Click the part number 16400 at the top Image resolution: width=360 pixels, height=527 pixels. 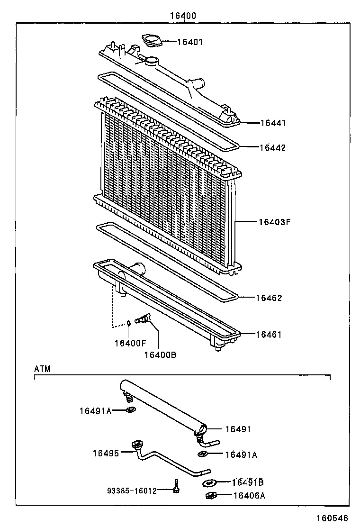pos(183,16)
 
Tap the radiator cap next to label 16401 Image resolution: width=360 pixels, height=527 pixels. pos(152,41)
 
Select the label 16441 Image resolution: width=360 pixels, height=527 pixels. pos(273,123)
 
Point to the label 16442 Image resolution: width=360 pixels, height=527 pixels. pos(272,147)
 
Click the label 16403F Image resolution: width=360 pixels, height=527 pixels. pos(274,221)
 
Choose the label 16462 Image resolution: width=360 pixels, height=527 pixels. pos(269,298)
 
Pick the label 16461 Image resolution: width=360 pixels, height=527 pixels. pos(269,335)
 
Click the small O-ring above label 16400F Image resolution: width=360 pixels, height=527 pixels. pos(128,323)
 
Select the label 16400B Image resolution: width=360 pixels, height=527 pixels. pos(160,354)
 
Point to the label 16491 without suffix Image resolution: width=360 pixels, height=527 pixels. pos(237,429)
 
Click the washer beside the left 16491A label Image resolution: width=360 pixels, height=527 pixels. pos(130,409)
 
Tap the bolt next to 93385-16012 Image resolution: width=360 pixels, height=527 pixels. pos(177,486)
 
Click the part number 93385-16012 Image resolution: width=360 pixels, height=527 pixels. pos(131,491)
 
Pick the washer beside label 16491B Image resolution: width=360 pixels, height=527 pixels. pos(208,483)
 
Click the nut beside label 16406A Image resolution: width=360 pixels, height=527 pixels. pos(211,496)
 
